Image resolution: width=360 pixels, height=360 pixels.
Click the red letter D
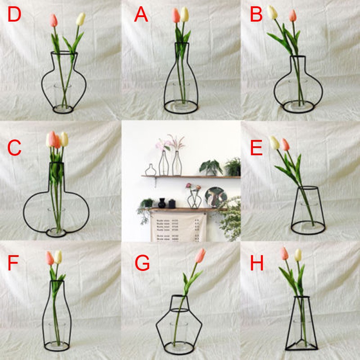pos(14,15)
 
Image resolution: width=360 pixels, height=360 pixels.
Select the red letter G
pos(142,264)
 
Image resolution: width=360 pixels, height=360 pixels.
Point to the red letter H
pos(257,264)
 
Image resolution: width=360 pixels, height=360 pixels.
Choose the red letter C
pos(14,148)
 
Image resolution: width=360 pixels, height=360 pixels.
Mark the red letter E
pos(256,148)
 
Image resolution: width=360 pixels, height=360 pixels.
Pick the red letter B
pos(256,15)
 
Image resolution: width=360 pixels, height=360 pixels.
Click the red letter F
pos(13,264)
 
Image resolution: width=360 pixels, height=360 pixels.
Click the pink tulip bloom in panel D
pos(54,20)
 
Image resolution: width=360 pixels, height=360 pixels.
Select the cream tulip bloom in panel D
pos(81,19)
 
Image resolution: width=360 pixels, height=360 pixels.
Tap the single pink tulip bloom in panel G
pos(201,255)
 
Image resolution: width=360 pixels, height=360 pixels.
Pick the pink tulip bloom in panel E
pos(285,144)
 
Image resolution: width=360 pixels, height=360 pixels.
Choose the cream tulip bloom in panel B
pos(272,12)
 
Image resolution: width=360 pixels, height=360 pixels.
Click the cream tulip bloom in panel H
pos(297,255)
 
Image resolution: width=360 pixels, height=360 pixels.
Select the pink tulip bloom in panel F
pos(50,258)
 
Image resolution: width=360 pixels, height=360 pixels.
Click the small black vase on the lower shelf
pos(161,203)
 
